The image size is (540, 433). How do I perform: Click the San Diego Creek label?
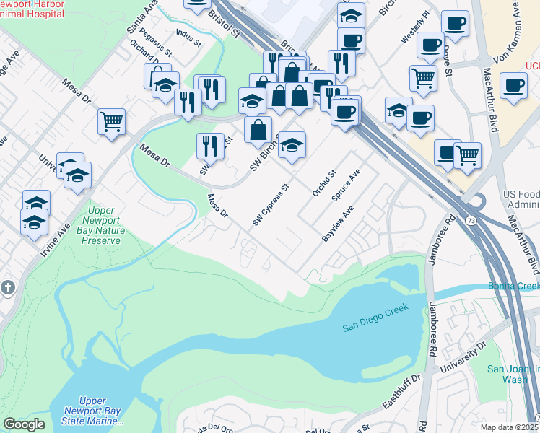point(375,317)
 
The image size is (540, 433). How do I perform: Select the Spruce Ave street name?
point(345,186)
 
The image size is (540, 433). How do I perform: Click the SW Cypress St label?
point(271,204)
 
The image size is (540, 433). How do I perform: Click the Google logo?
point(24,424)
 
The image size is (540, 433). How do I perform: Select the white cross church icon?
point(8,287)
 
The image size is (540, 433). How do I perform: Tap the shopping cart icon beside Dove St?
point(424,76)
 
